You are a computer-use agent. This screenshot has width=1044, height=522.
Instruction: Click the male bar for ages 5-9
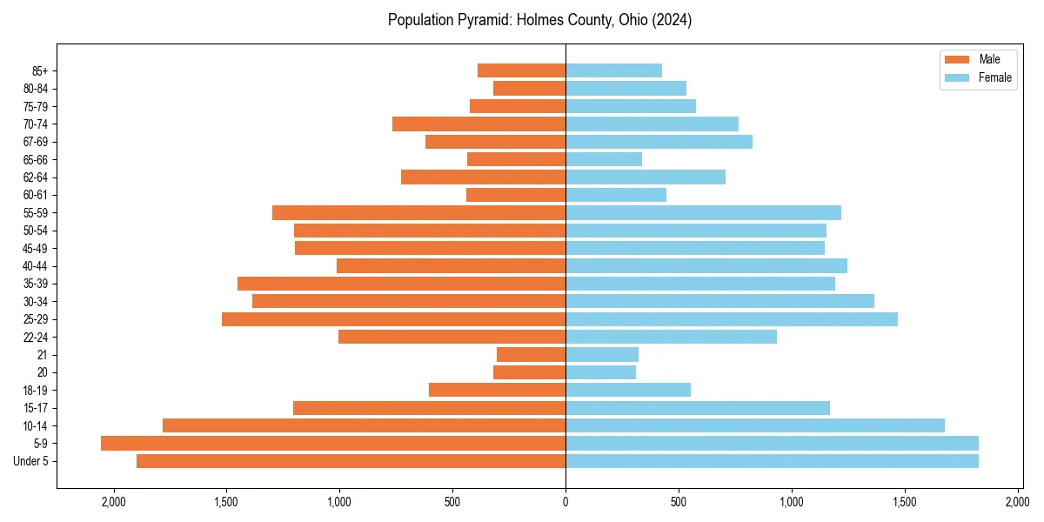tap(333, 444)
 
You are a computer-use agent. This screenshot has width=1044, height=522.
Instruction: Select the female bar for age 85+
tap(613, 70)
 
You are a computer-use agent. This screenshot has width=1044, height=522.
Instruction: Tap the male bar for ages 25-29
tap(393, 319)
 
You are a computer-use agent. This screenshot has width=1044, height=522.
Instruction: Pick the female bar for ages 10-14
tap(755, 425)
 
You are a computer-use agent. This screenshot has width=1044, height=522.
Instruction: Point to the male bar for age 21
tap(531, 355)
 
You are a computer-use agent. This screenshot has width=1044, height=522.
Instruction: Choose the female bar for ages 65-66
tap(604, 159)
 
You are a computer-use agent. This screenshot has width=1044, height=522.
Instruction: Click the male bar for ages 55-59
tap(418, 213)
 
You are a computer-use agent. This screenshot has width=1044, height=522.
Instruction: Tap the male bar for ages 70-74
tap(478, 124)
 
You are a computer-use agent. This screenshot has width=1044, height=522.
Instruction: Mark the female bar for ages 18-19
tap(628, 390)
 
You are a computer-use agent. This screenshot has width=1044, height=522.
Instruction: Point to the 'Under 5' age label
tap(30, 461)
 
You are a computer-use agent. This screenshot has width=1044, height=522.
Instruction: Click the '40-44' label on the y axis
tap(36, 266)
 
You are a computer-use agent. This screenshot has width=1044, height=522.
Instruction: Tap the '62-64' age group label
tap(36, 177)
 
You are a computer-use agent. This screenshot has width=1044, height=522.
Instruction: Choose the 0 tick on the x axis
tap(565, 501)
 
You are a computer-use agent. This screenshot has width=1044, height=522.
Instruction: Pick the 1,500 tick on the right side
tap(905, 501)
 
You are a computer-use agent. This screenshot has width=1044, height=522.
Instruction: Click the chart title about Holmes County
tap(539, 20)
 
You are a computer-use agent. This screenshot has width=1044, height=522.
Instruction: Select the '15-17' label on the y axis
tap(36, 408)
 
